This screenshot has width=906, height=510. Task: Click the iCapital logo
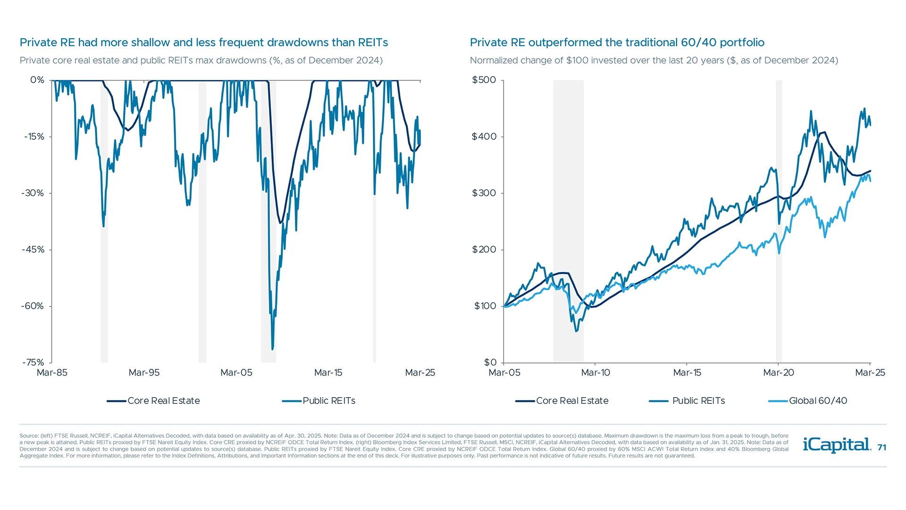(x=836, y=445)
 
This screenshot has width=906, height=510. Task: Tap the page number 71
(x=881, y=448)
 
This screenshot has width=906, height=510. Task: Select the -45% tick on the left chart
(x=33, y=249)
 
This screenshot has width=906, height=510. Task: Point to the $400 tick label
(x=484, y=136)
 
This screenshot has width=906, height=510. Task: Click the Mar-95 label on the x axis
(x=144, y=373)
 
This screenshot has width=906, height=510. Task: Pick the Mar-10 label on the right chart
(x=596, y=373)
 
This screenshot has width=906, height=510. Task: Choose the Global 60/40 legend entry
(x=817, y=401)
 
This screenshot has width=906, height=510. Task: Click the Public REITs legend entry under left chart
(x=328, y=401)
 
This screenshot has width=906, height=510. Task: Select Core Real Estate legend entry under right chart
(x=572, y=401)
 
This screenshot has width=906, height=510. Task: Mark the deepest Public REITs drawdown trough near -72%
(x=273, y=348)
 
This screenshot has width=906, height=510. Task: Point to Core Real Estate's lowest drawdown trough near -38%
(x=280, y=222)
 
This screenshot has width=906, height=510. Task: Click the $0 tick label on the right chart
(x=490, y=362)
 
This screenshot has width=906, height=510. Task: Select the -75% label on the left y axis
(x=33, y=362)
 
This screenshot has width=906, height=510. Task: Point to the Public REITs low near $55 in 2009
(x=576, y=331)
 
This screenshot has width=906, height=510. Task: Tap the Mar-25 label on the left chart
(x=420, y=373)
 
